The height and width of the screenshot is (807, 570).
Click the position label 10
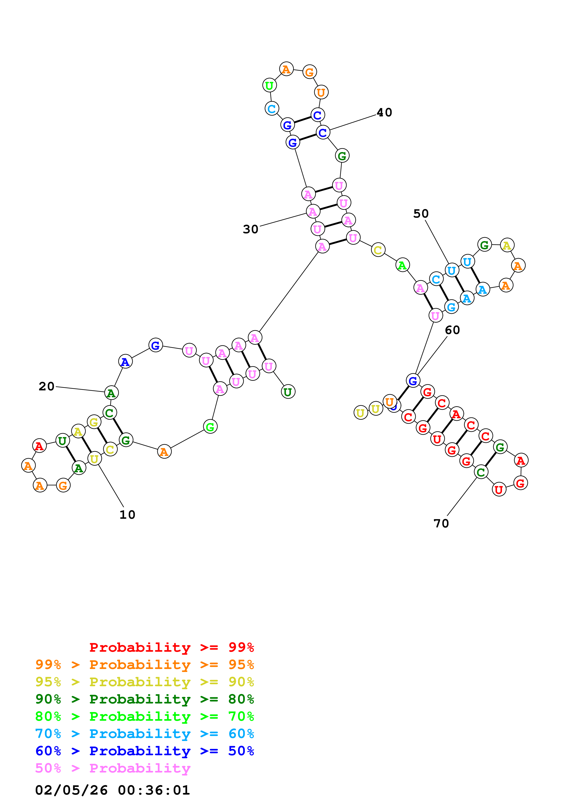click(x=127, y=515)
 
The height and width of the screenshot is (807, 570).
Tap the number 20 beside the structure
click(x=46, y=386)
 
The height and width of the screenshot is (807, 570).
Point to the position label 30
click(x=250, y=229)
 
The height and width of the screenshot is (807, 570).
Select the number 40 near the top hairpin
click(x=384, y=112)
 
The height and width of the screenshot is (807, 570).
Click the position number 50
click(x=421, y=214)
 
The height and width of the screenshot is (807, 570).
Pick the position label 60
click(x=452, y=330)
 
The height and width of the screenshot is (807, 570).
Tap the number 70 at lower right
click(x=441, y=523)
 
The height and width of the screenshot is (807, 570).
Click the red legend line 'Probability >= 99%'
click(x=171, y=647)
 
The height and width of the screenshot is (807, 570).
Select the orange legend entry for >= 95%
click(x=144, y=664)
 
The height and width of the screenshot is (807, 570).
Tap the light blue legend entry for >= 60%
click(x=144, y=734)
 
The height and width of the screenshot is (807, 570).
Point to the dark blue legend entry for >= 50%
click(x=144, y=751)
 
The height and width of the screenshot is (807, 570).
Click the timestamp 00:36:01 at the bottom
click(x=154, y=790)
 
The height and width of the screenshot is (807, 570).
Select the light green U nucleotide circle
click(x=269, y=85)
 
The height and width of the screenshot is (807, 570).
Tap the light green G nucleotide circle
click(x=210, y=427)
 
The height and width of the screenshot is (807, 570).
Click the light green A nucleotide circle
click(x=402, y=265)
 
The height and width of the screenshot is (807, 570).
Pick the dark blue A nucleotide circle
click(x=125, y=362)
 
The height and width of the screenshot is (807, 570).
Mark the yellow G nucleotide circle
click(x=94, y=422)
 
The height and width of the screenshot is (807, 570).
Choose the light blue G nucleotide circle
click(x=451, y=307)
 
